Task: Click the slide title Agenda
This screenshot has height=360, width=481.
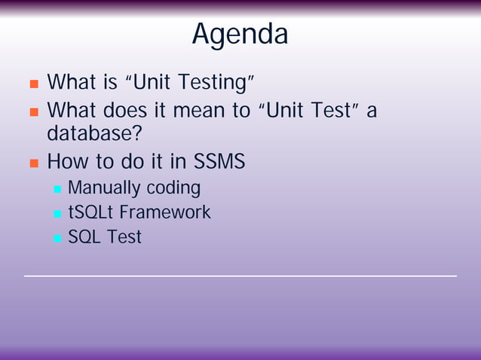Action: [240, 34]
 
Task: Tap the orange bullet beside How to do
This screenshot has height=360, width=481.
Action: [33, 163]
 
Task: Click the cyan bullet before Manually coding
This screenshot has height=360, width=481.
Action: [57, 189]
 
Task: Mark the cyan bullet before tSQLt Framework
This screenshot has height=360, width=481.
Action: [57, 214]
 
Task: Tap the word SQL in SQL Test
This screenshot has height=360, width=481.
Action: [84, 237]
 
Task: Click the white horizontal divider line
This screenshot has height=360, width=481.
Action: [240, 276]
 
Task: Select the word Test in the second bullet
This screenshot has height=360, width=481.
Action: [329, 111]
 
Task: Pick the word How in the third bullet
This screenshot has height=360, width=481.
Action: [68, 161]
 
